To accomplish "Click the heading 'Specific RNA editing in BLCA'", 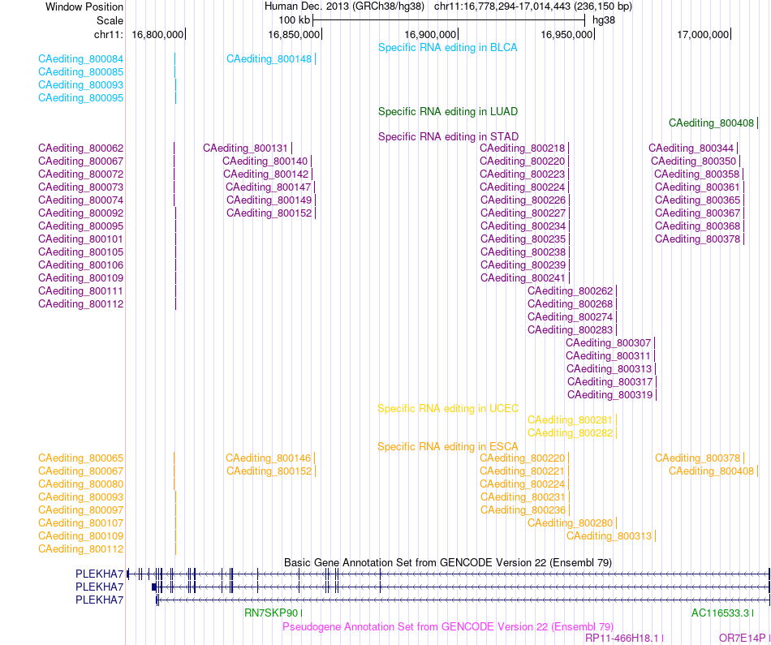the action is pos(447,48).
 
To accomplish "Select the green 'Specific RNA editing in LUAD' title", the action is pos(447,112).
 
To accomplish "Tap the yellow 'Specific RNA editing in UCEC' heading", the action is pos(447,409).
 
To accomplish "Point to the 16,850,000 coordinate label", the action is pos(294,34).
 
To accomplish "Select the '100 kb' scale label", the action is pos(294,20).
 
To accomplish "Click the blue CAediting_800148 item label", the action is pos(269,59).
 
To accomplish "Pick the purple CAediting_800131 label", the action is pos(245,148).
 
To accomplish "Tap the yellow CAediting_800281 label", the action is pos(570,419).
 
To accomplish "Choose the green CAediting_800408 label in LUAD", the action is pos(711,123).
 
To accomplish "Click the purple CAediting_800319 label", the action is pos(609,395).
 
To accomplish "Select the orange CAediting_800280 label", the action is pos(570,523).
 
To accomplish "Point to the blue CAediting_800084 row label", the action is pos(80,59).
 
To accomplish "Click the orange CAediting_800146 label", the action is pos(269,458).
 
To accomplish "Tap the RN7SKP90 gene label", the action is pos(271,613).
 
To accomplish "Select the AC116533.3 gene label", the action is pos(721,613).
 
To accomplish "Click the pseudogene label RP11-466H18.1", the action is pos(622,639).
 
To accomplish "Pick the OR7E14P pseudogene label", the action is pos(742,639).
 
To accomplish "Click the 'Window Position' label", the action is pos(84,6).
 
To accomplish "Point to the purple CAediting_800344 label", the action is pos(691,148).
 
